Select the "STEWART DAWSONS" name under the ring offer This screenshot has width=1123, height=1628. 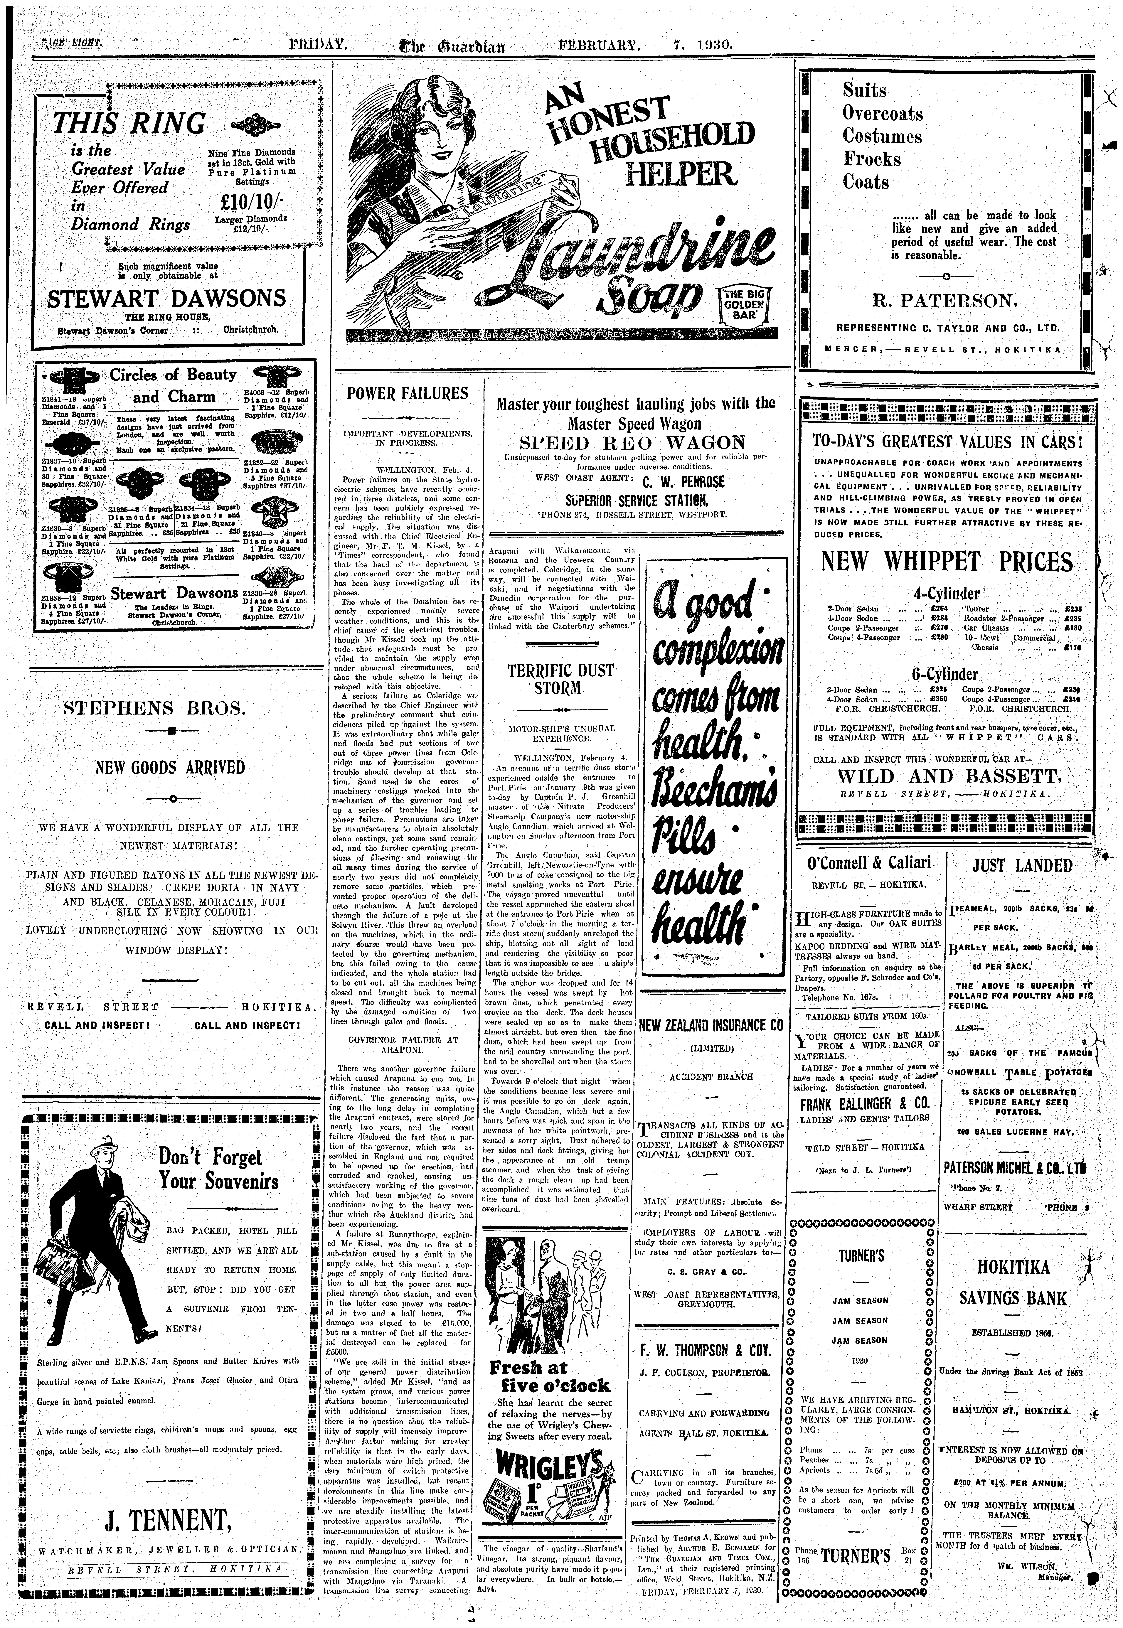click(166, 298)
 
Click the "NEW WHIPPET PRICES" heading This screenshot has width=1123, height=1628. click(947, 562)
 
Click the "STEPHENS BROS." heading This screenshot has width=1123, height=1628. click(155, 707)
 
